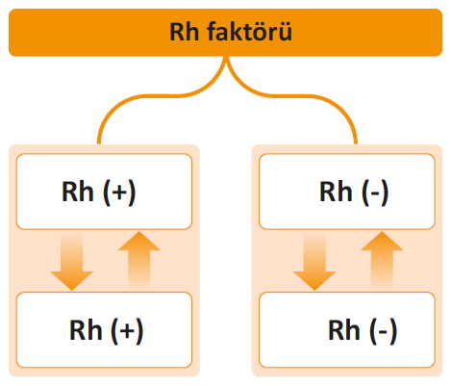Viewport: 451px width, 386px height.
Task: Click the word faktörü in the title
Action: pyautogui.click(x=249, y=32)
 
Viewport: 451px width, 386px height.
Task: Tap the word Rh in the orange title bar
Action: pyautogui.click(x=185, y=32)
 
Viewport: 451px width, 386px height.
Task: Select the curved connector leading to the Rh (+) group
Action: pyautogui.click(x=145, y=95)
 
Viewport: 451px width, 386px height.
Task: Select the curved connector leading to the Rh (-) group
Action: pyautogui.click(x=308, y=95)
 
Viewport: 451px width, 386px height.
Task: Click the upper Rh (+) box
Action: pyautogui.click(x=104, y=192)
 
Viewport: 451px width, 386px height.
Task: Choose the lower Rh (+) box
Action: pyautogui.click(x=104, y=330)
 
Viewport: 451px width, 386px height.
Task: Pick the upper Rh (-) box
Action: pyautogui.click(x=347, y=192)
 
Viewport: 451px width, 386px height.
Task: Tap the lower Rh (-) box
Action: pyautogui.click(x=347, y=330)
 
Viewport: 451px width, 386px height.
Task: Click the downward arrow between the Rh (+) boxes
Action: pyautogui.click(x=72, y=262)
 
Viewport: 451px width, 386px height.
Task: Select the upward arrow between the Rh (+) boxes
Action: pyautogui.click(x=139, y=260)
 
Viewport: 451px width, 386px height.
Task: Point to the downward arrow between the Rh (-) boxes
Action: pyautogui.click(x=314, y=262)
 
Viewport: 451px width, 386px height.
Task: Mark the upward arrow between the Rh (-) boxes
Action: pyautogui.click(x=382, y=260)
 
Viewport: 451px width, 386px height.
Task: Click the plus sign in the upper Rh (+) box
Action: pyautogui.click(x=119, y=193)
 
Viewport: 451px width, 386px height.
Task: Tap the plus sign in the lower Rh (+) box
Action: pyautogui.click(x=127, y=331)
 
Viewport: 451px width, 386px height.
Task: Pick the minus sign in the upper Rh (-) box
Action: pyautogui.click(x=375, y=194)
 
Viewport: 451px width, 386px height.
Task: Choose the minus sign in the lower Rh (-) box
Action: pyautogui.click(x=384, y=332)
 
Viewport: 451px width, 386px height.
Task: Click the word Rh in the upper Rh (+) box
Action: pyautogui.click(x=78, y=192)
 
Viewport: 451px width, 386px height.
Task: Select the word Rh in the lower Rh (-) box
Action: pyautogui.click(x=344, y=330)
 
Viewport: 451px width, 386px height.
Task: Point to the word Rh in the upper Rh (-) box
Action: pyautogui.click(x=336, y=192)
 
